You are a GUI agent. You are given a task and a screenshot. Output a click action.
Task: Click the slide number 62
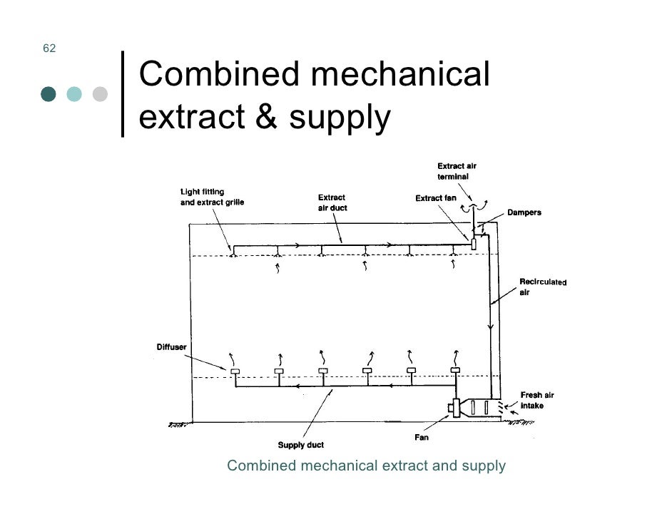coord(49,48)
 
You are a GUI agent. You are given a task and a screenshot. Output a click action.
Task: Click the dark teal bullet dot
coord(49,94)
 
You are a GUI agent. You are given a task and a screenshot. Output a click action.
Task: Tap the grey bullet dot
coord(100,94)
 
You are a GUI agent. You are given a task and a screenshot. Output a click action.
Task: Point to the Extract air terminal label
coord(457,171)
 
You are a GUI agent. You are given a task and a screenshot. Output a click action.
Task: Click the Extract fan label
coord(435,197)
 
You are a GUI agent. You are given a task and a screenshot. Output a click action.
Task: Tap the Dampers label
coord(524,212)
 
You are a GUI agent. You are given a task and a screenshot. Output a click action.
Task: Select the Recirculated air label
coord(542,287)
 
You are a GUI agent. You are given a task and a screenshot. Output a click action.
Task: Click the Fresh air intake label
coord(536,400)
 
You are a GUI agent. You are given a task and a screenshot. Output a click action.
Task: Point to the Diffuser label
coord(171,347)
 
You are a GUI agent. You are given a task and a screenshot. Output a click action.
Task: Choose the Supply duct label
coord(300,446)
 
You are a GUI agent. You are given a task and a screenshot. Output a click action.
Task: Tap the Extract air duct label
coord(332,202)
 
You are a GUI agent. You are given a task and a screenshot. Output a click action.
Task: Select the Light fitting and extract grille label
coord(211,197)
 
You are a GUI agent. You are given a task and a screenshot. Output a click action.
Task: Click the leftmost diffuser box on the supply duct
coord(235,371)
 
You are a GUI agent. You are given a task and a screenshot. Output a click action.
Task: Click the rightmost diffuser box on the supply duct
coord(455,371)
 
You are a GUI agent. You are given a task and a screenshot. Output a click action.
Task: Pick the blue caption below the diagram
coord(366,466)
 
